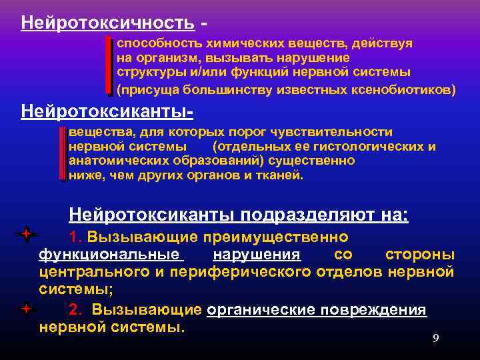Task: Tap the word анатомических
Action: tap(111, 161)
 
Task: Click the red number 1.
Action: tap(74, 238)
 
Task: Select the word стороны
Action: tap(420, 255)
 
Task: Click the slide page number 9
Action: tap(435, 338)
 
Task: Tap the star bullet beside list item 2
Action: tap(25, 309)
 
